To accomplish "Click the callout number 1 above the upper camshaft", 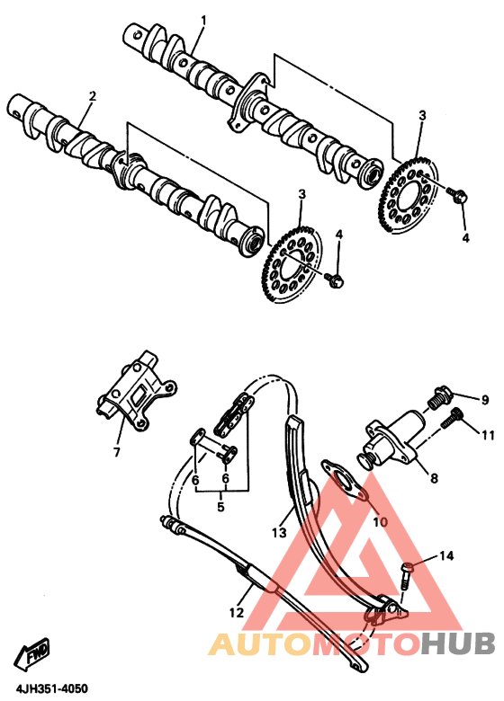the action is pos(203,20).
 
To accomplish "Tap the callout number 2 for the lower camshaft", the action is pos(92,96).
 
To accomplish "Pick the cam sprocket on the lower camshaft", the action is pos(292,264).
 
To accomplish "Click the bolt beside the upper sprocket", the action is pos(458,195).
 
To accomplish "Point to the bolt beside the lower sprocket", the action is pos(335,280).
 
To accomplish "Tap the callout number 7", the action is pos(117,452).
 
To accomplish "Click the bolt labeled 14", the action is pos(406,576).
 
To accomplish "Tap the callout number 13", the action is pos(278,533).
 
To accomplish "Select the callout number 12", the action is pos(236,612).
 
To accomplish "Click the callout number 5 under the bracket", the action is pos(220,508).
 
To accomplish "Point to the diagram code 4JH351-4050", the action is pos(52,688).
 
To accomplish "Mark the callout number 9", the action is pos(485,400).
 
